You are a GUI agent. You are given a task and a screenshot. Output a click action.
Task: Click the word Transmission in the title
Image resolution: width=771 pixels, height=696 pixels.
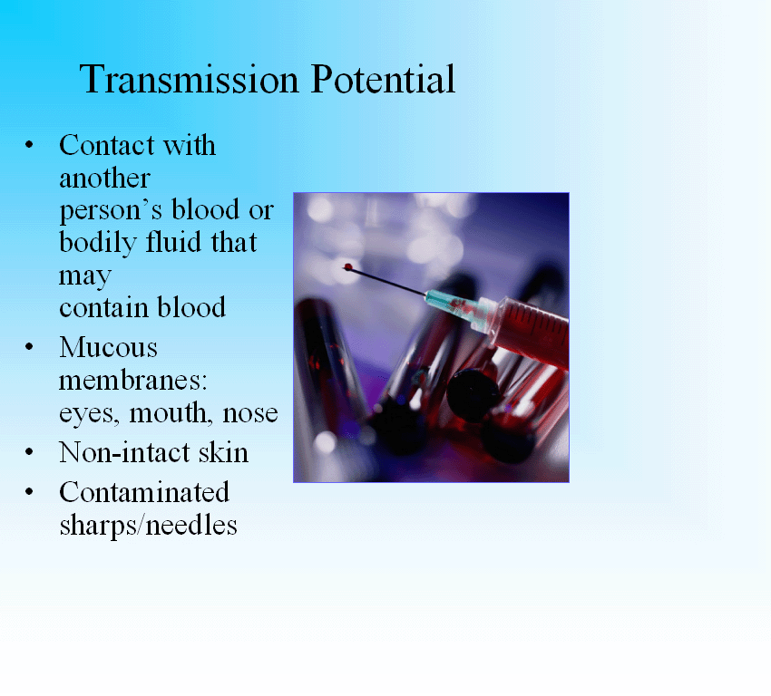(189, 79)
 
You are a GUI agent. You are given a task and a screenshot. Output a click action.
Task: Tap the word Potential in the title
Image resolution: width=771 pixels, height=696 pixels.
(383, 79)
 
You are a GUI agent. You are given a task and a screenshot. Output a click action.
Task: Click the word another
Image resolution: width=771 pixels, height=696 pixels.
(104, 178)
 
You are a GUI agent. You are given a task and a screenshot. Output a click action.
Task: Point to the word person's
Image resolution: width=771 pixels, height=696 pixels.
(111, 211)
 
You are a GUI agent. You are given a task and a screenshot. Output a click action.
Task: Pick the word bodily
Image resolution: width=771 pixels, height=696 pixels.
(97, 243)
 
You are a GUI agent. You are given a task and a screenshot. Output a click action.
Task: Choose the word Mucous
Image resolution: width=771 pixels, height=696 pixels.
(108, 347)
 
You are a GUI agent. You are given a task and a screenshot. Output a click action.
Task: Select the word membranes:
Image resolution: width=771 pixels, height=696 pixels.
(132, 381)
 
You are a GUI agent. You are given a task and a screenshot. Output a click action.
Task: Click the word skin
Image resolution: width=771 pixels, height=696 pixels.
(223, 452)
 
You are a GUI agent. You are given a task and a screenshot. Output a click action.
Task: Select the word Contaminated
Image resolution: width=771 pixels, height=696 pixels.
(144, 492)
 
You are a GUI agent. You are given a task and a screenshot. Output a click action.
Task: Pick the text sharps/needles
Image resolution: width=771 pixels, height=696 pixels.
(148, 526)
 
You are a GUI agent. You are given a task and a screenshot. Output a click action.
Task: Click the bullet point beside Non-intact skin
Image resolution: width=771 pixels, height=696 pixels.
(29, 452)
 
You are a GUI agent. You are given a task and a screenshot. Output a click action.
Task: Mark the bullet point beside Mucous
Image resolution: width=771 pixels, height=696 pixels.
(29, 347)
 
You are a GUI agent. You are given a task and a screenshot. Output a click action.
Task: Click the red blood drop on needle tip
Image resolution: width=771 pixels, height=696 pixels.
(348, 266)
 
